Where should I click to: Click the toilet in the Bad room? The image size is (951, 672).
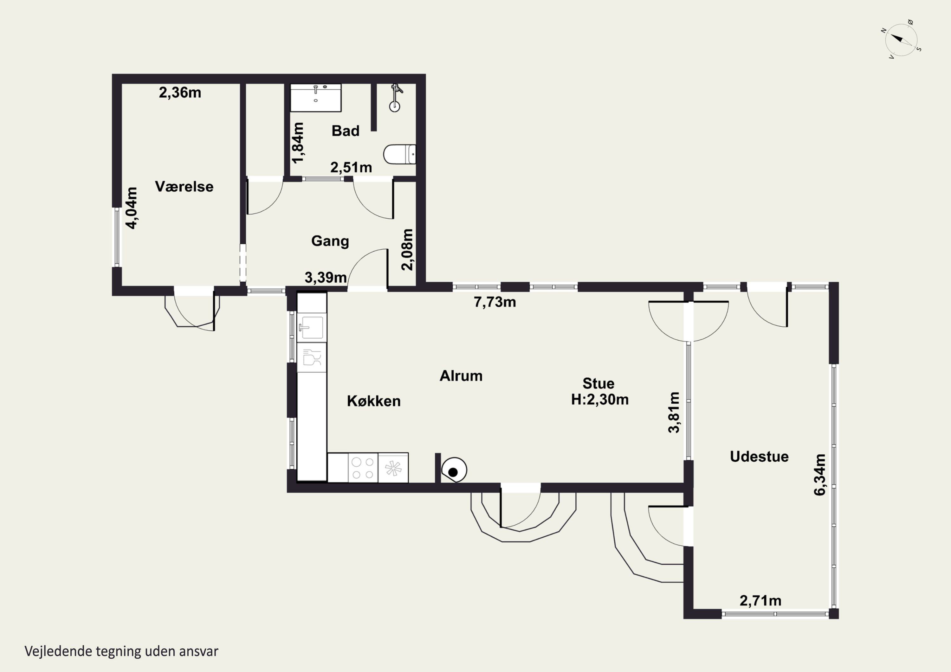(400, 154)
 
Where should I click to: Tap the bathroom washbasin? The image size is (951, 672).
(316, 98)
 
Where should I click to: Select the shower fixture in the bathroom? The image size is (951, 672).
(396, 98)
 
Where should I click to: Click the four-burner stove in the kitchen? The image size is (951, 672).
(363, 468)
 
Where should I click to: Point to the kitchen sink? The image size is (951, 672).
(312, 328)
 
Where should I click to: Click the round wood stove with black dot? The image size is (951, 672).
(454, 470)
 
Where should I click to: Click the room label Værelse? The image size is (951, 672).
(184, 186)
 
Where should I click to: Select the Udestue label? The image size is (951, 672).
(759, 456)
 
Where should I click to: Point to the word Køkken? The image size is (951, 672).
(374, 401)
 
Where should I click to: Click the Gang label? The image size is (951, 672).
(330, 241)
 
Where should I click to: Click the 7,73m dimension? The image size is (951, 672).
(495, 302)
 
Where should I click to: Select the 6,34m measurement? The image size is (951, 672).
(820, 475)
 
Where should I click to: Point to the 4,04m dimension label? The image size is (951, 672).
(132, 208)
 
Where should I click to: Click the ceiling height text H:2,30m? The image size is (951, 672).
(600, 399)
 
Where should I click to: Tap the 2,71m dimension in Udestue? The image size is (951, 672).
(760, 600)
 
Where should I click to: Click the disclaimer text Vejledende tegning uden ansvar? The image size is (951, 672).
(121, 651)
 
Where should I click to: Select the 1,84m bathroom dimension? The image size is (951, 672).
(298, 143)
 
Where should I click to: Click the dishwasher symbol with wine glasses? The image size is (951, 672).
(312, 357)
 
